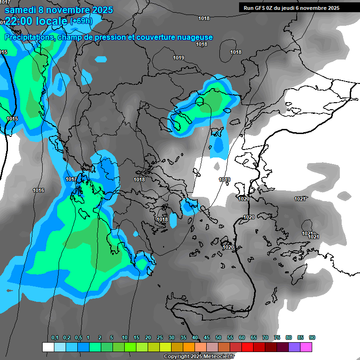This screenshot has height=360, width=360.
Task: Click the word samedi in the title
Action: (21, 9)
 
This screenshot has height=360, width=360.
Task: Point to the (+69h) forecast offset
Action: (81, 21)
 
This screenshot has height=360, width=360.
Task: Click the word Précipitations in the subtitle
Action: (28, 37)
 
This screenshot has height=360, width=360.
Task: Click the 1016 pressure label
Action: (38, 190)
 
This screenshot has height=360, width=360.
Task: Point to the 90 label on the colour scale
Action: (312, 337)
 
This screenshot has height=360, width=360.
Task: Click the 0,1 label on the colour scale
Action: (55, 337)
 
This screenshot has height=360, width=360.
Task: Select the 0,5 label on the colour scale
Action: (78, 337)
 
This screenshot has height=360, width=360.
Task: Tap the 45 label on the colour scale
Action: (207, 337)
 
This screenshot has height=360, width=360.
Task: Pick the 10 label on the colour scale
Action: (125, 337)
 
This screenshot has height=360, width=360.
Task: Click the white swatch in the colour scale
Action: (48, 347)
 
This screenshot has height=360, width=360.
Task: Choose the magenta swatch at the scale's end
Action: (306, 347)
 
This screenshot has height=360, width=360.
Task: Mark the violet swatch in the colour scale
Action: (294, 347)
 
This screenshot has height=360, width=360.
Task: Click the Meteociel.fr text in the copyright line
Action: (220, 357)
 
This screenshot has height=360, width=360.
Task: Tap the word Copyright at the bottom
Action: (175, 357)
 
